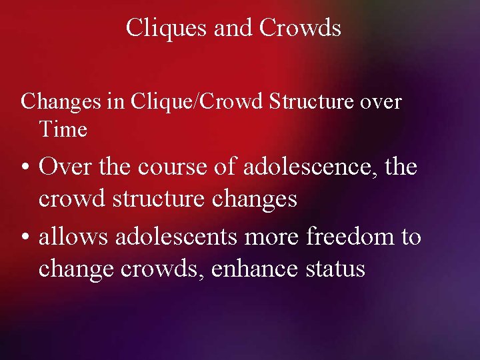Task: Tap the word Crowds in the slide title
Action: (x=300, y=28)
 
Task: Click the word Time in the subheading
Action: (x=63, y=129)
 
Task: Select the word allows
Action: (x=73, y=236)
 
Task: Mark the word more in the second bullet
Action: (x=274, y=236)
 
